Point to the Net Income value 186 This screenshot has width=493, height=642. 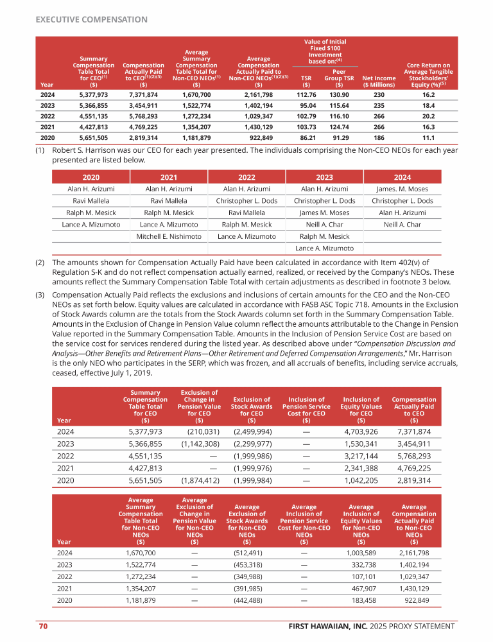point(379,137)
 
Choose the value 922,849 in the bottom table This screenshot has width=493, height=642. point(418,601)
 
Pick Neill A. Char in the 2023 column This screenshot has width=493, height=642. point(324,225)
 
